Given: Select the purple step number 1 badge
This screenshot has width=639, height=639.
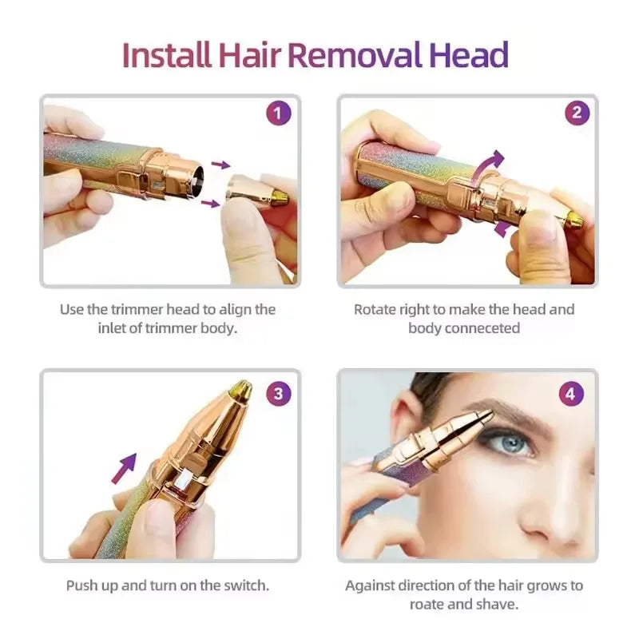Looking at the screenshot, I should tap(277, 113).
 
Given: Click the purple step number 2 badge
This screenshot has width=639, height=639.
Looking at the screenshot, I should tap(577, 113).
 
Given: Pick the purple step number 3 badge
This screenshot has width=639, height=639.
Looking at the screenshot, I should tap(277, 393).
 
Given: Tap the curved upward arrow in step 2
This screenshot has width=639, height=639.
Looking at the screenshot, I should tap(488, 163).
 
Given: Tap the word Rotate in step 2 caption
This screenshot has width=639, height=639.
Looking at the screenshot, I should tap(377, 309).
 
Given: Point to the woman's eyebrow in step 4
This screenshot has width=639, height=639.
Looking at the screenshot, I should tap(515, 415).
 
